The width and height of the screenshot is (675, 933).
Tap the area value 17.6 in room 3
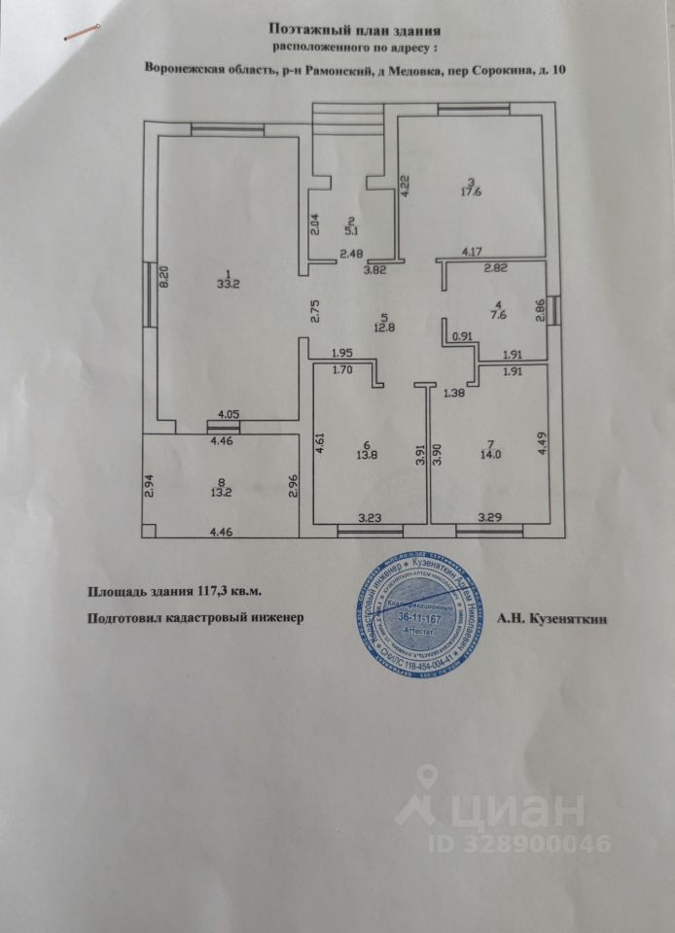[x=473, y=191]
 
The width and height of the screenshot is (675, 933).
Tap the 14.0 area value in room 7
[x=483, y=454]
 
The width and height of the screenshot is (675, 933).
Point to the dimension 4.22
[x=406, y=185]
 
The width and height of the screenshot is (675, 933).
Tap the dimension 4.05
[x=227, y=415]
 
